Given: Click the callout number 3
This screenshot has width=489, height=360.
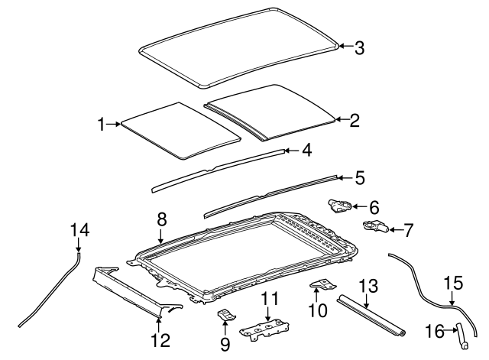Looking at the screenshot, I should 358,47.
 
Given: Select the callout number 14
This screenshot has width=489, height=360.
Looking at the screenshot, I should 79,229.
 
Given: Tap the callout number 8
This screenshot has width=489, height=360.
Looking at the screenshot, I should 161,219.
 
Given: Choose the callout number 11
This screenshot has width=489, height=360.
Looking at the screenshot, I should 268,299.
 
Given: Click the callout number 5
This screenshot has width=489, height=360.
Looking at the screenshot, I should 359,177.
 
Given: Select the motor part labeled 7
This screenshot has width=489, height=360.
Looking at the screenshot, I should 375,226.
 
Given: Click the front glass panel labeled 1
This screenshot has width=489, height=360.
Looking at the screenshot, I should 176,128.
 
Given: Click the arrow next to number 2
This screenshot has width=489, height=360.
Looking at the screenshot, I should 342,120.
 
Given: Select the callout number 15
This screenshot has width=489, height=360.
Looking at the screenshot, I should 453,284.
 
